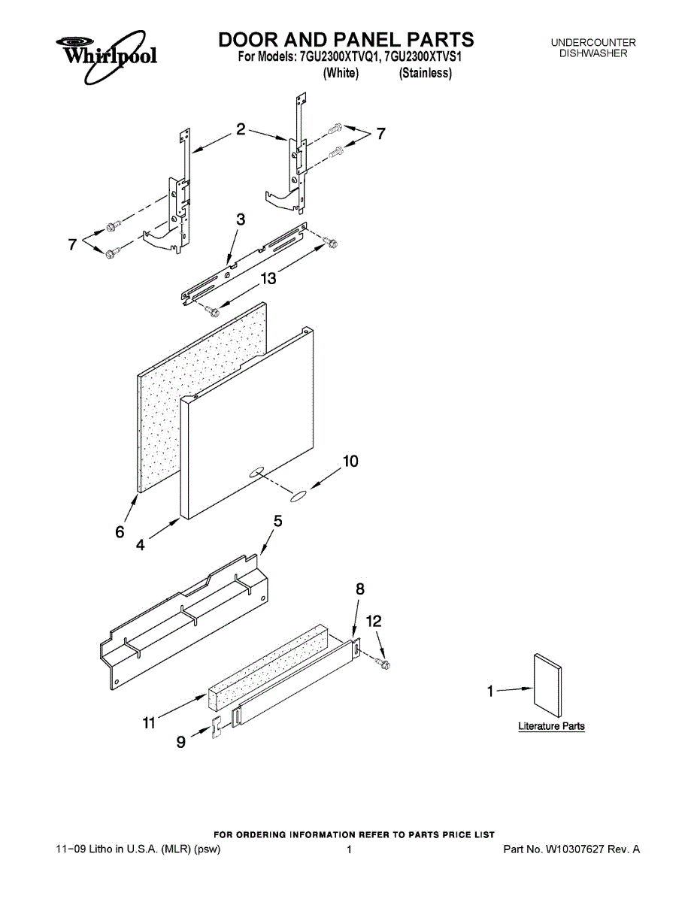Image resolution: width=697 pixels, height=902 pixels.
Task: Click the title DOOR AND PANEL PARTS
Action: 346,39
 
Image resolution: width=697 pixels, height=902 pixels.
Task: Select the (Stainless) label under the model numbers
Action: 426,73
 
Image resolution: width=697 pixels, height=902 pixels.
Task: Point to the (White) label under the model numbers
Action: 341,73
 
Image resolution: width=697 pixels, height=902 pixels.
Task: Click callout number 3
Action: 241,219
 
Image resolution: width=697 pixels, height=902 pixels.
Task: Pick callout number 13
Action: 268,279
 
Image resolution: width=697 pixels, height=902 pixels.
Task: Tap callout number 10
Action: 350,462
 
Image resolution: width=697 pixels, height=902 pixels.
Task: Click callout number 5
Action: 277,520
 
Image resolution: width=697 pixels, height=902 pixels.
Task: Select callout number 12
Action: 374,621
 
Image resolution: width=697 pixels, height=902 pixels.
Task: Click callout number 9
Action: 180,743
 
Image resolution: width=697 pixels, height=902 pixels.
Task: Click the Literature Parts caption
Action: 551,726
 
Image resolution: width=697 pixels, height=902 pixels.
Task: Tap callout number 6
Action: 120,532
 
